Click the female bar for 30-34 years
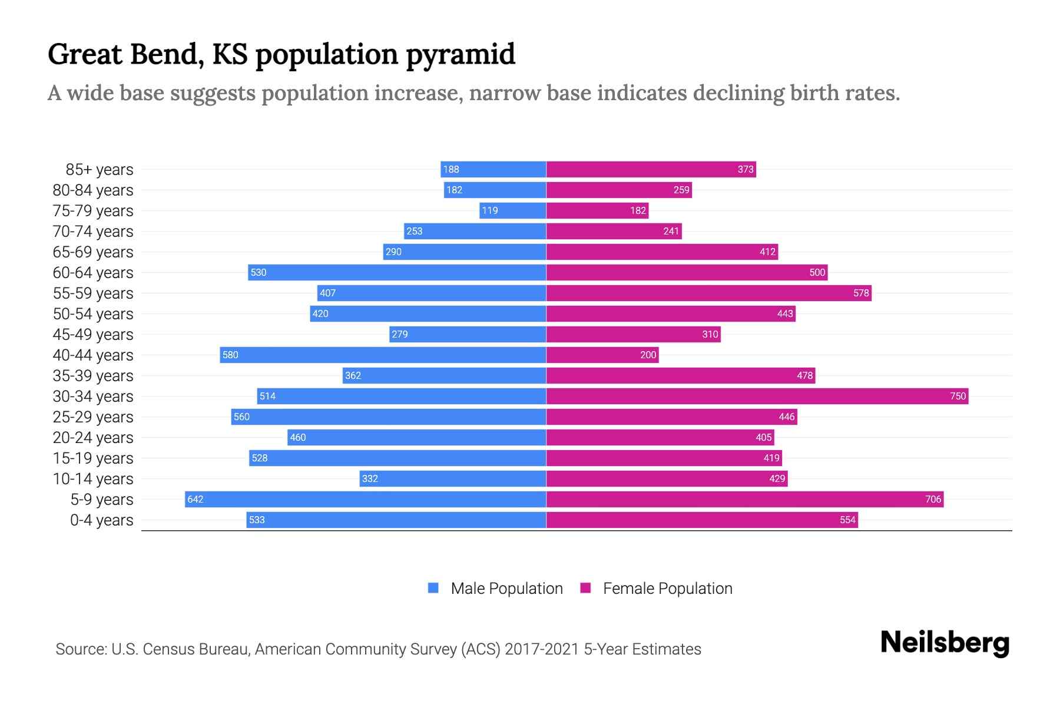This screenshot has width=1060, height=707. click(757, 396)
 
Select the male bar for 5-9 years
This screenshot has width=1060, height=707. click(365, 499)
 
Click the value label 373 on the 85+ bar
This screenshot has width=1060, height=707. click(746, 169)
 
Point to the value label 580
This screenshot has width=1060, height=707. click(230, 355)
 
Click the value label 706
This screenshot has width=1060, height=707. click(933, 499)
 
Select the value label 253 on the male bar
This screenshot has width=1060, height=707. click(414, 231)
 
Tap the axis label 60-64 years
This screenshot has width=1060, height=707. click(93, 273)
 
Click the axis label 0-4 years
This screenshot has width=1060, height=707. click(101, 520)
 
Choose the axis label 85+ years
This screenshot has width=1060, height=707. click(100, 170)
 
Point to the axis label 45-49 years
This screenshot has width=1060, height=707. click(93, 335)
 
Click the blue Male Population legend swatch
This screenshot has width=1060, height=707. click(433, 588)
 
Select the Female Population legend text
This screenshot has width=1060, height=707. click(667, 589)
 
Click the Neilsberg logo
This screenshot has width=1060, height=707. click(945, 643)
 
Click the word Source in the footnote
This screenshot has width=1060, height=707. click(81, 649)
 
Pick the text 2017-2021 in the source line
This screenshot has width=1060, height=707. click(542, 649)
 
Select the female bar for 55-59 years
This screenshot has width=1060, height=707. click(708, 293)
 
